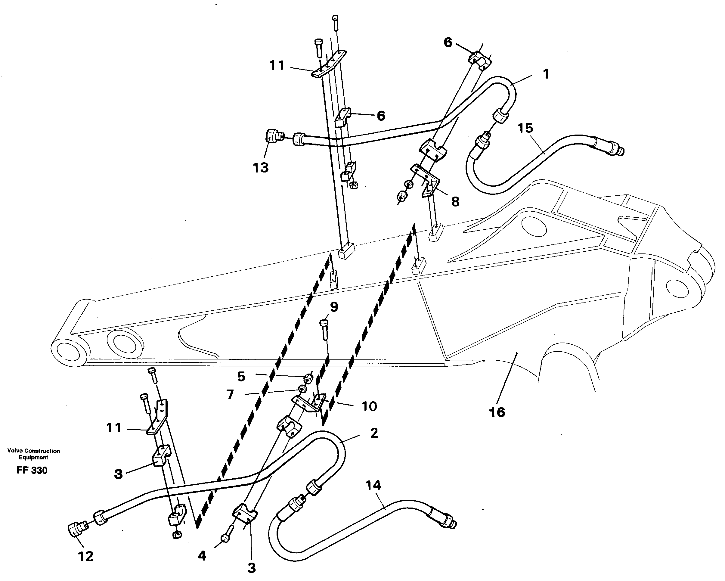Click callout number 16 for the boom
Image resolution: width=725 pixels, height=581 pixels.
(497, 412)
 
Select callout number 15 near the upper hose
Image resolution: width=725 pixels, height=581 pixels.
(525, 128)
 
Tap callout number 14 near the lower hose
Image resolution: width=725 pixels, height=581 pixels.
(373, 485)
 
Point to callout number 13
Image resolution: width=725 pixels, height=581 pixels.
(261, 168)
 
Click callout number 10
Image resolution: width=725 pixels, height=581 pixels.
(369, 406)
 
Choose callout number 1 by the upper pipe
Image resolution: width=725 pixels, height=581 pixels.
(546, 74)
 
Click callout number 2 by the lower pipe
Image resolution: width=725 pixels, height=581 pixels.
(374, 433)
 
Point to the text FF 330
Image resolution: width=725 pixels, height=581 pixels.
(32, 470)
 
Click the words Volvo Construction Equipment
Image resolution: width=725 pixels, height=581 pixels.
(33, 454)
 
